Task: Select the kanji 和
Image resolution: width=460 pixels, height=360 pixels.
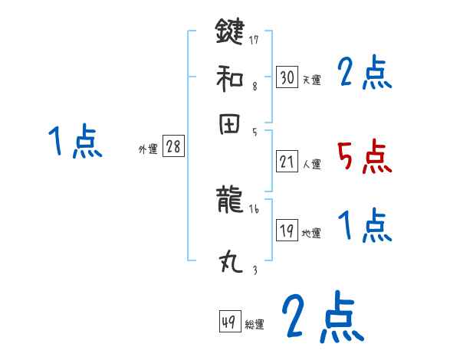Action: [229, 77]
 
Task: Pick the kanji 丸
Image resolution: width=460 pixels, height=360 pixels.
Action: [229, 263]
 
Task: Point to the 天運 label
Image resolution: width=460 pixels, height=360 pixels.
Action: [312, 80]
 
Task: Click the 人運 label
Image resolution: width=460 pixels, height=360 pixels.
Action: [312, 164]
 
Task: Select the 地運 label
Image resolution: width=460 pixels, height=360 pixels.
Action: [312, 234]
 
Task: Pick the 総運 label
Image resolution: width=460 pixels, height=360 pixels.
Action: [255, 325]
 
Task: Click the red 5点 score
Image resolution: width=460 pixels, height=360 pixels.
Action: [364, 157]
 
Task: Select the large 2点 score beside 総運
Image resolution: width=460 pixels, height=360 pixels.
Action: [322, 318]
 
